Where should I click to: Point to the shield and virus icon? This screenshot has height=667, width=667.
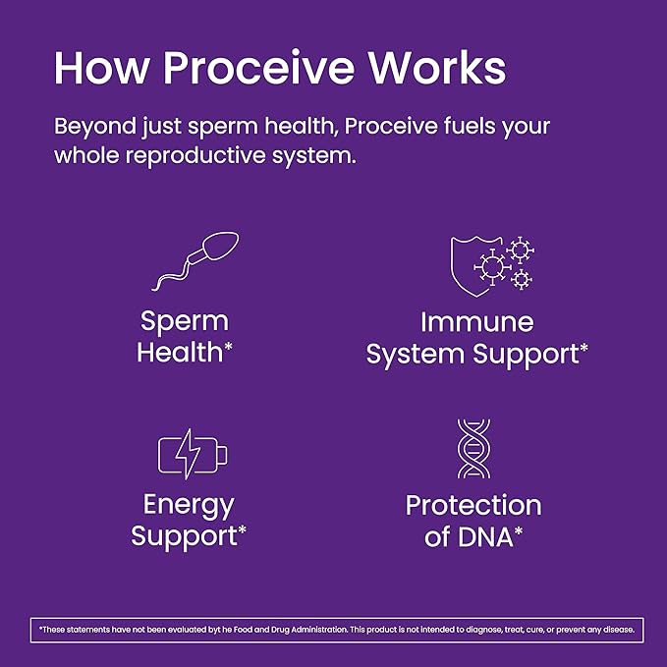(490, 263)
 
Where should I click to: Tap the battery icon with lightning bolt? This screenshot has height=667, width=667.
(194, 455)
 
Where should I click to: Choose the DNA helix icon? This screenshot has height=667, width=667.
(473, 448)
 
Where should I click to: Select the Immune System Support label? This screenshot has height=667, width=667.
(477, 337)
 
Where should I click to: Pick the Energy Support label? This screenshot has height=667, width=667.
(189, 521)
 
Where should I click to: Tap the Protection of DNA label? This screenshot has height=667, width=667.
(473, 521)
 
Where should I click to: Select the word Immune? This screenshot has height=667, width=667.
(477, 321)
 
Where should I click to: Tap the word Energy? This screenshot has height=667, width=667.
(189, 505)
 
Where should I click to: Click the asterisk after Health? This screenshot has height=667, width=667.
(228, 348)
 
